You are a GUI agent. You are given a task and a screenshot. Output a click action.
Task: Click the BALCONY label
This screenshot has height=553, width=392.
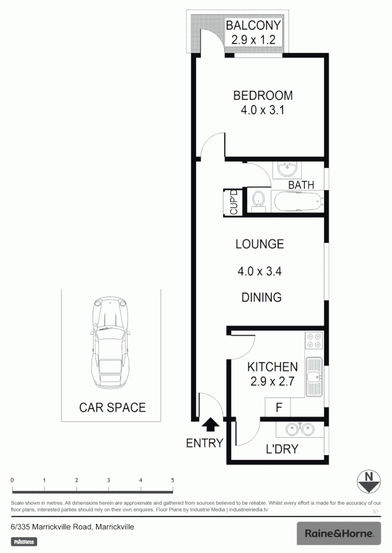(253, 25)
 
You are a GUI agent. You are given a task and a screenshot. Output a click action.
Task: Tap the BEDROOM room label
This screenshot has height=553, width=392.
(263, 96)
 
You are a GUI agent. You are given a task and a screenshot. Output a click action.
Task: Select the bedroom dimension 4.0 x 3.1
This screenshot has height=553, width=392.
(263, 110)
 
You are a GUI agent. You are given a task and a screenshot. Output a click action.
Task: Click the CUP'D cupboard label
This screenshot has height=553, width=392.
(233, 202)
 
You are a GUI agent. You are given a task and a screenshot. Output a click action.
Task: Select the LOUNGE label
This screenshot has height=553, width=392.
(260, 244)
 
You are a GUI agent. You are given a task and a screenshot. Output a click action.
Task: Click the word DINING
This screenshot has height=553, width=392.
(261, 297)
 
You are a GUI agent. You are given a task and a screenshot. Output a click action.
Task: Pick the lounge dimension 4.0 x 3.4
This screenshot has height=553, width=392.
(260, 271)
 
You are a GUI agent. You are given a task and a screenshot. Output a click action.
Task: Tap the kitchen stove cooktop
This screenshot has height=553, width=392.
(313, 341)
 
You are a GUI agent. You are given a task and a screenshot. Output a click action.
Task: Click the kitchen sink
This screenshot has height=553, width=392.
(313, 377)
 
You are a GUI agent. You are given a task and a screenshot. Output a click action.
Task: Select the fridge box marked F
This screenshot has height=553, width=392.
(278, 408)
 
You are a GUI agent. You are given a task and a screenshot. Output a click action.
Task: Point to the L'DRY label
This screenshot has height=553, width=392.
(282, 450)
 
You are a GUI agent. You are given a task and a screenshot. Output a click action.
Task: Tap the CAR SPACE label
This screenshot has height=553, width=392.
(112, 408)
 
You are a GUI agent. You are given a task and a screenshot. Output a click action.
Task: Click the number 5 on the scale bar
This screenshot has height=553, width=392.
(173, 480)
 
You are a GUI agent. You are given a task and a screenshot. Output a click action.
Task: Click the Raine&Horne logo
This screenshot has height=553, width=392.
(339, 534)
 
